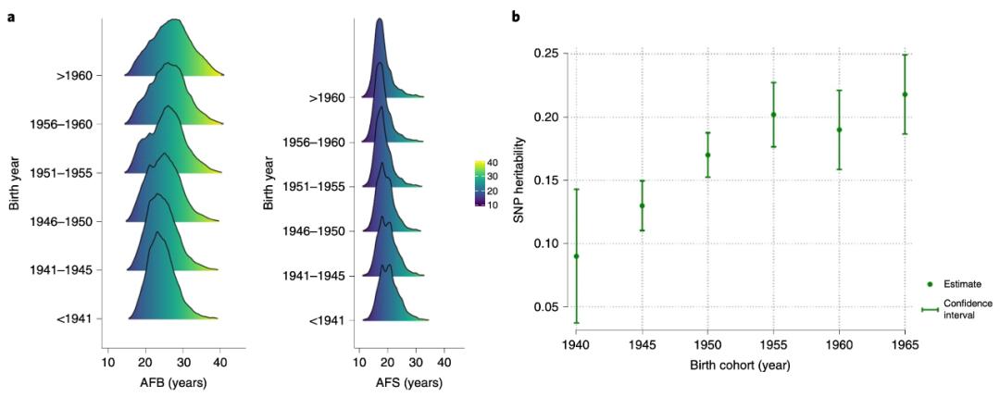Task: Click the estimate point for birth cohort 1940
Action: click(576, 256)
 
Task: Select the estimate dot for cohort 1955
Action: click(773, 115)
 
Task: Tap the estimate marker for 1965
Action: click(905, 94)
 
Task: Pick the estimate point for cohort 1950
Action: click(707, 155)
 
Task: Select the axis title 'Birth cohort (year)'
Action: click(740, 365)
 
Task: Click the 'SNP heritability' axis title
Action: click(520, 180)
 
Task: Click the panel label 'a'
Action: click(12, 17)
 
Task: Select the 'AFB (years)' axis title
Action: click(173, 382)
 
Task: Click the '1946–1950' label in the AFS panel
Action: click(316, 230)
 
